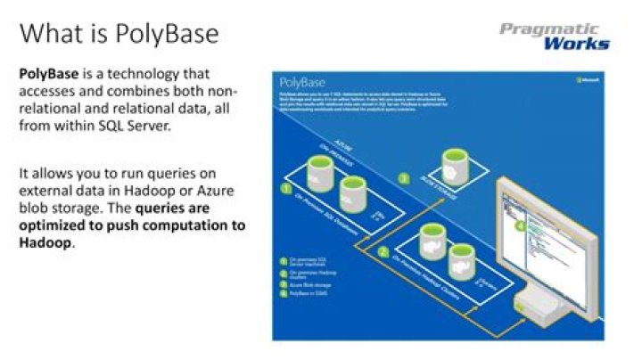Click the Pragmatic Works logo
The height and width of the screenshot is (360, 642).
[555, 36]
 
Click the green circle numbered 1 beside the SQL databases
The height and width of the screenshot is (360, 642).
[285, 189]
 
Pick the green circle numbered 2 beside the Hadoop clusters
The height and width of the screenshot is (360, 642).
[383, 252]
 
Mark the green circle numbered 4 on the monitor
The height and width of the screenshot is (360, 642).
[523, 225]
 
